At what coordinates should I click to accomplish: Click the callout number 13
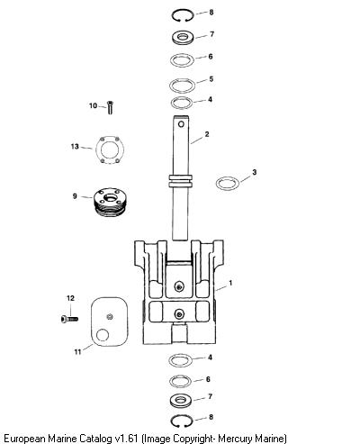[x=75, y=147]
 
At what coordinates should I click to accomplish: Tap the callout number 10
[x=93, y=105]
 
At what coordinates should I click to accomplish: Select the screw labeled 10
[x=110, y=107]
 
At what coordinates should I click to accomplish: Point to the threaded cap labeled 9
[x=110, y=202]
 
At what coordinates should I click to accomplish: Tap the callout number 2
[x=207, y=134]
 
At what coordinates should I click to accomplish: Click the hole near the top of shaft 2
[x=181, y=124]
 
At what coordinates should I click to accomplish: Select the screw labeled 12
[x=69, y=319]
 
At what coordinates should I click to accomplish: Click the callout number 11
[x=77, y=351]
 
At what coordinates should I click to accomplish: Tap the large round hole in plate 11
[x=103, y=335]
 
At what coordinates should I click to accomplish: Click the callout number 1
[x=230, y=283]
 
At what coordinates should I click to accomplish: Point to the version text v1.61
[x=124, y=439]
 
